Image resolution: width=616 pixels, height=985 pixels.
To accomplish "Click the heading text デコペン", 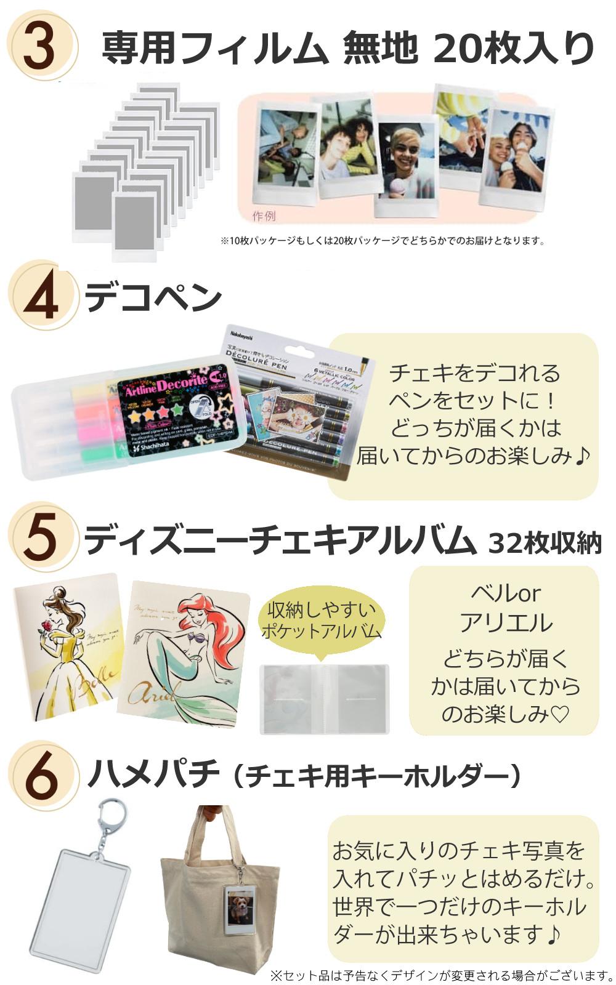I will pos(153,297).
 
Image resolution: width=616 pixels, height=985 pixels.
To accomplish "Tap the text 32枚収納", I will pos(544,543).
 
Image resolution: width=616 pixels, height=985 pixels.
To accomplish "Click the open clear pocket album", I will pos(325,699).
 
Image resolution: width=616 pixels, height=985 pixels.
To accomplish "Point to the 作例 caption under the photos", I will pos(264,216).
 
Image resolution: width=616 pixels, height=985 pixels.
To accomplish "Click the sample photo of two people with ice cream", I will pos(516,154).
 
